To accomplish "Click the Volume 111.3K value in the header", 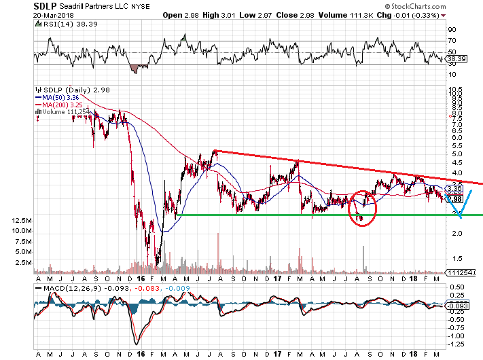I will coord(351,15).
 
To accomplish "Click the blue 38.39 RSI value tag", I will coord(454,60).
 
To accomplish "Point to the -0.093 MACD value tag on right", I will coord(456,307).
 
